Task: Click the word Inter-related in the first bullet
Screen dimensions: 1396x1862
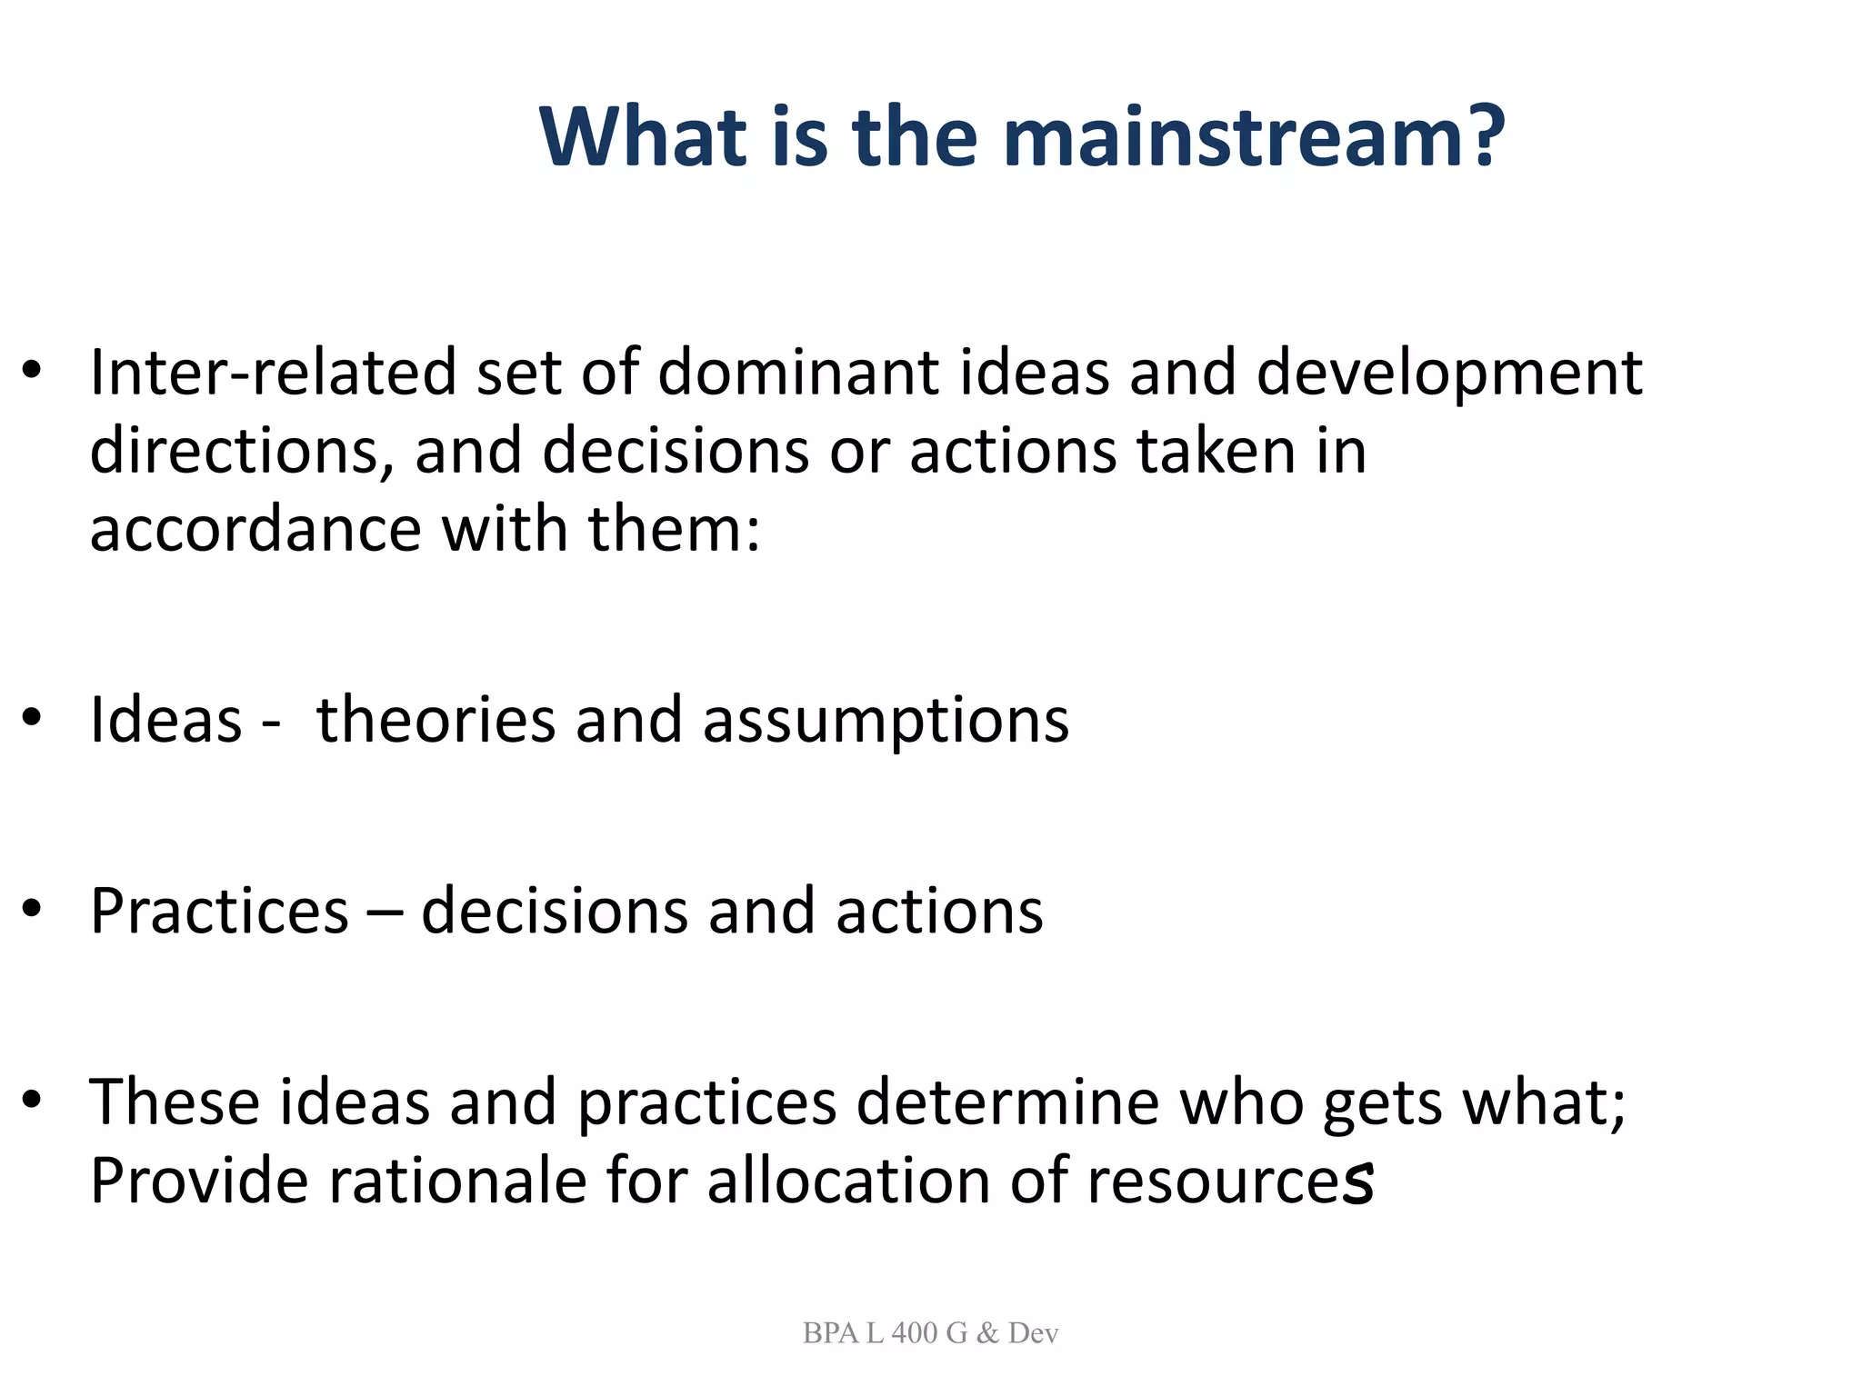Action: (x=272, y=373)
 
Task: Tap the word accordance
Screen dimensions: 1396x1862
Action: (x=255, y=530)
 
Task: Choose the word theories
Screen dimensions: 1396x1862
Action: (x=435, y=721)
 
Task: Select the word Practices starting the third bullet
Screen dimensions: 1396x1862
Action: (x=219, y=912)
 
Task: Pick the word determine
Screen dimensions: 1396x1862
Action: (x=1007, y=1102)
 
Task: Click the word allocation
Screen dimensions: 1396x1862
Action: (x=847, y=1181)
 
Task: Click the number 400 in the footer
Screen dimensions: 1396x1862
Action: (x=915, y=1333)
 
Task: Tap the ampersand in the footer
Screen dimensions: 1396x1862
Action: (x=987, y=1333)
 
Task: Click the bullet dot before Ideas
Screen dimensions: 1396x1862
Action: (x=33, y=719)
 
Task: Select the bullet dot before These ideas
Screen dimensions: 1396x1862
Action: (x=33, y=1101)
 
